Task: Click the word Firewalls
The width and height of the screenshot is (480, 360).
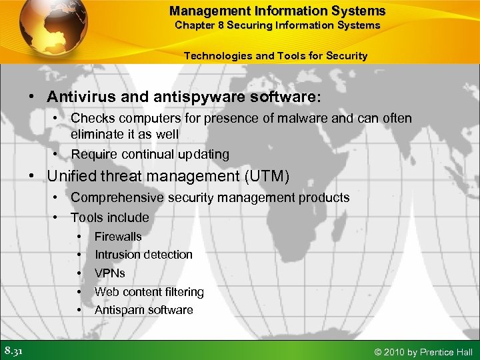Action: point(118,237)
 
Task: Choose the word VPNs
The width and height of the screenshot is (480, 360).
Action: point(110,273)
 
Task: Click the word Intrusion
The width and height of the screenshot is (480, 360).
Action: point(118,255)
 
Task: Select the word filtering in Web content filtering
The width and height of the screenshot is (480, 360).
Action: point(182,292)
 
